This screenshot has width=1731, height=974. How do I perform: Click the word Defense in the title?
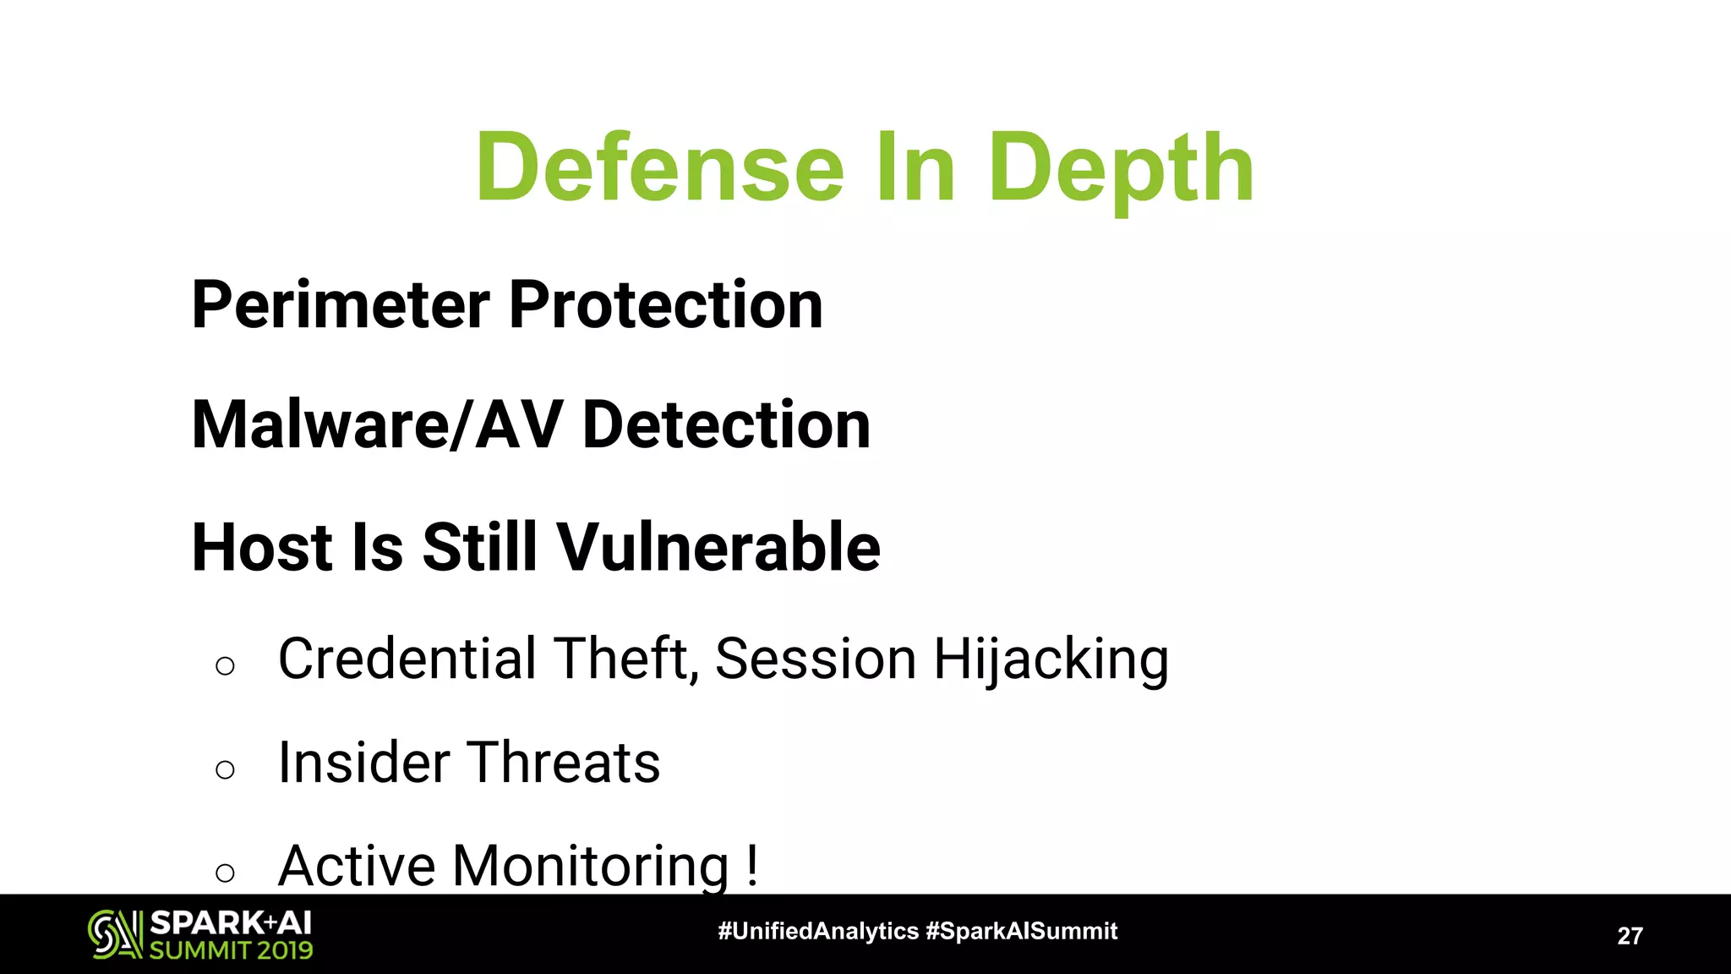click(x=660, y=168)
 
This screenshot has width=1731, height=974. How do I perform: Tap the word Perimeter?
click(x=341, y=305)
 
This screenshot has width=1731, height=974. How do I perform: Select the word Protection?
click(x=666, y=305)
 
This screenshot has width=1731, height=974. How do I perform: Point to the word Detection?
click(x=727, y=425)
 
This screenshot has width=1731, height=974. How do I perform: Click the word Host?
click(x=262, y=548)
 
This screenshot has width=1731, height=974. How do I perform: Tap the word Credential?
click(x=407, y=659)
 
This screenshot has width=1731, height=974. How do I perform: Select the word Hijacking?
click(x=1051, y=660)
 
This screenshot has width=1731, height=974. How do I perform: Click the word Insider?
click(x=363, y=763)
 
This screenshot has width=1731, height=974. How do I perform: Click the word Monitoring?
click(x=591, y=867)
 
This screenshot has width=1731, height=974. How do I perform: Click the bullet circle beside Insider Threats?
click(x=225, y=769)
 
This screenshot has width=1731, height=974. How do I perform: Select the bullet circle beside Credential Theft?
click(x=225, y=666)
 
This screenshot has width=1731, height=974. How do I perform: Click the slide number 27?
click(x=1630, y=936)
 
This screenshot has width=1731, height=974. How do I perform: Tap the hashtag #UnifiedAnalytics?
click(x=817, y=932)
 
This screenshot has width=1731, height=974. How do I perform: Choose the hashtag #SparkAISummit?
click(x=1021, y=932)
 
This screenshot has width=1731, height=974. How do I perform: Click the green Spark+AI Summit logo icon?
click(x=114, y=934)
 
